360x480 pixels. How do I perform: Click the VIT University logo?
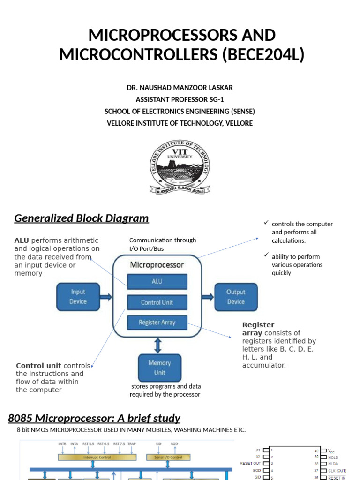coord(180,167)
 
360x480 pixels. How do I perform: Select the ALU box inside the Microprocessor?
coord(157,282)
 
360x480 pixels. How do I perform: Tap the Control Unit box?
coord(157,302)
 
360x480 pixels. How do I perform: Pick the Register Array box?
coord(157,322)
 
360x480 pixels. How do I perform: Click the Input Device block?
coord(78,297)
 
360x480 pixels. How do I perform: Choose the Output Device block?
coord(236,297)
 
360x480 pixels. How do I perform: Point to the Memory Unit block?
coord(159,367)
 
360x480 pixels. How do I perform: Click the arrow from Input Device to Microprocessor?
coord(106,297)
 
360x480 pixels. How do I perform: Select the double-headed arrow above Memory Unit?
coord(158,346)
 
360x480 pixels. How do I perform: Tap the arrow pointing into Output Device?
coord(208,297)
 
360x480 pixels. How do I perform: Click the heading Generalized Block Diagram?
coord(81,218)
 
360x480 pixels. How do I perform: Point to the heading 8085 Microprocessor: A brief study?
coord(94,418)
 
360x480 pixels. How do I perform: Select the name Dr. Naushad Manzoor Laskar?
coord(180,88)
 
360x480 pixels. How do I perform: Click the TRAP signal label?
coord(132,443)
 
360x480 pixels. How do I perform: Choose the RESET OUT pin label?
coord(250,463)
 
